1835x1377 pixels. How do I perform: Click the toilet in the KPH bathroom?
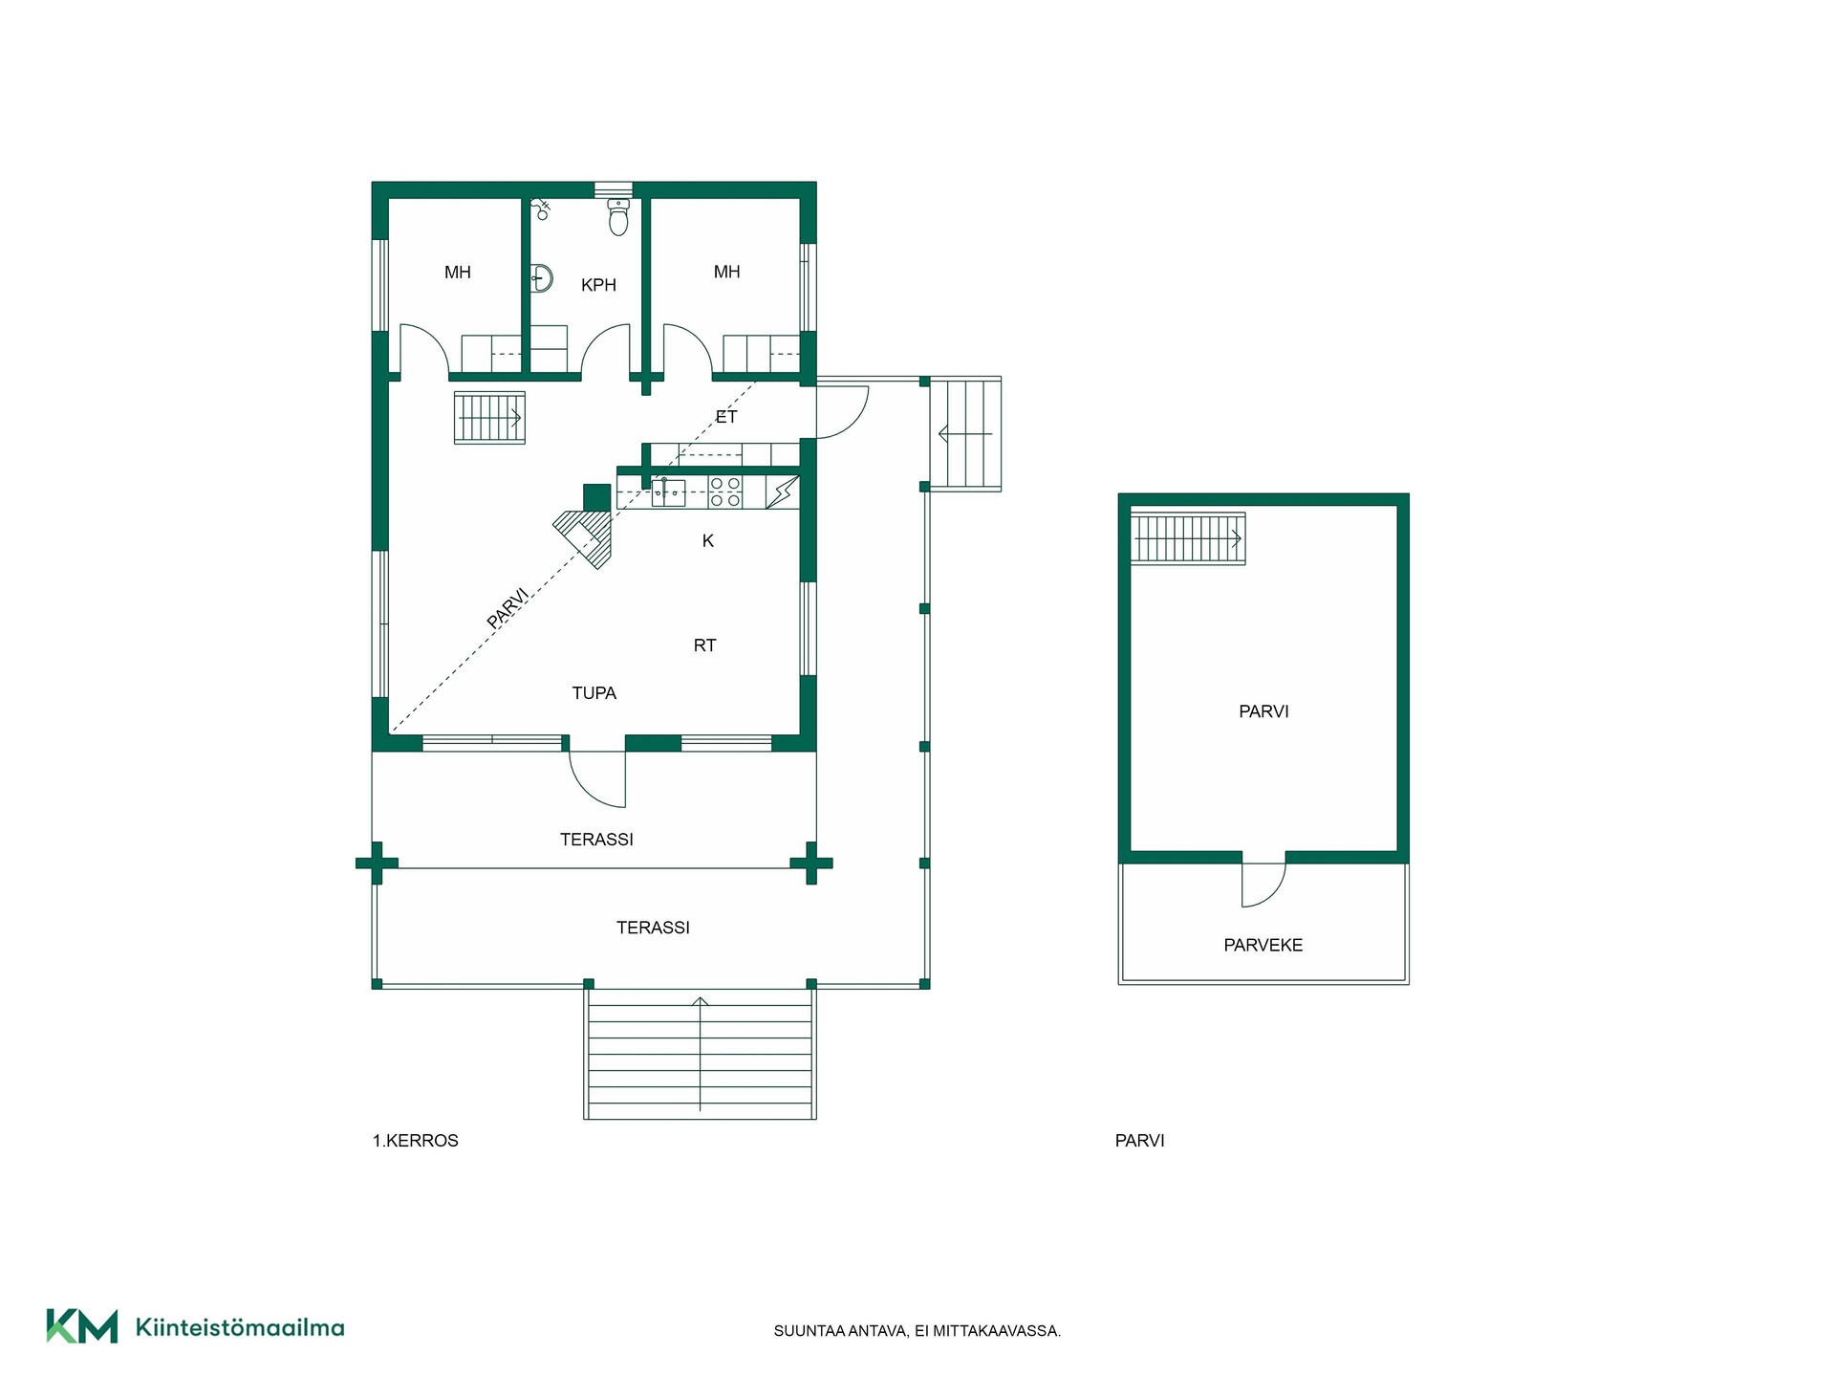coord(618,217)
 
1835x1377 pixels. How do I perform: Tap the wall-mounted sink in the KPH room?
coord(542,278)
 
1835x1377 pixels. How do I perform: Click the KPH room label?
coord(598,285)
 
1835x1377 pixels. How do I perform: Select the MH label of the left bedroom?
coord(458,273)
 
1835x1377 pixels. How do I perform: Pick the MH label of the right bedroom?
coord(727,272)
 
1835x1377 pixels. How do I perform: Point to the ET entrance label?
coord(726,417)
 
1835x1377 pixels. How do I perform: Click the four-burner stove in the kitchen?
coord(725,492)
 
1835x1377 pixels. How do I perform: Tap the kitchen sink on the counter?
coord(669,492)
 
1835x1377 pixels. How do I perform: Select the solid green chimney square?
coord(597,497)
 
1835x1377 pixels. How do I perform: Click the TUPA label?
coord(594,693)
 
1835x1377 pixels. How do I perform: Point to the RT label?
coord(704,645)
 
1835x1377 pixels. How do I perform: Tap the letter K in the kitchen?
coord(708,541)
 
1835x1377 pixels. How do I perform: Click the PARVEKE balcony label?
coord(1263,945)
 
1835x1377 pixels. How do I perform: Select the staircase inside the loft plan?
coord(1188,537)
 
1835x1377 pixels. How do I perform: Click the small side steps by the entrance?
coord(965,434)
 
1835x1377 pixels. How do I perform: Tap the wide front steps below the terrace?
coord(700,1053)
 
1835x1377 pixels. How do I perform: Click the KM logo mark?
coord(82,1326)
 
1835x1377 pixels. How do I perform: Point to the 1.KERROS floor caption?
coord(416,1141)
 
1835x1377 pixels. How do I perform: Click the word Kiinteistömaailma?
coord(240,1327)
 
